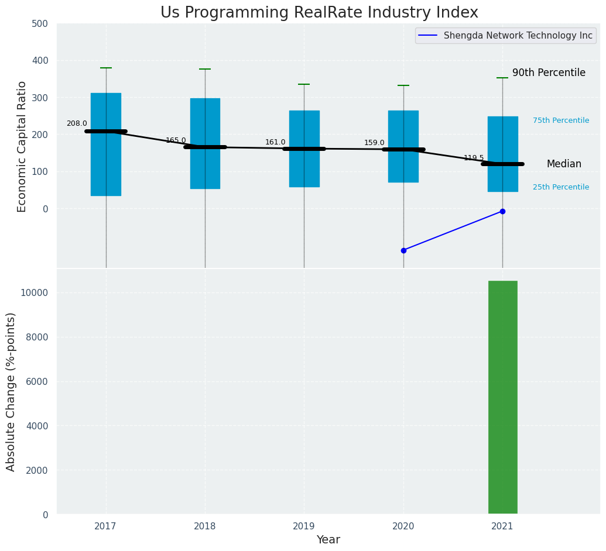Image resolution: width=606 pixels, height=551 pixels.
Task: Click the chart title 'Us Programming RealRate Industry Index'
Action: [319, 13]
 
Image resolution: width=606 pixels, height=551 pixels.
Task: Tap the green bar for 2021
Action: [502, 398]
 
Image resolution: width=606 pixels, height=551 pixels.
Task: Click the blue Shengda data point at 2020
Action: [403, 250]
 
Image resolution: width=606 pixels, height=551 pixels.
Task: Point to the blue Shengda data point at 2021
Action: [502, 211]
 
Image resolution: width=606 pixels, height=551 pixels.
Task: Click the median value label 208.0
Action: [77, 124]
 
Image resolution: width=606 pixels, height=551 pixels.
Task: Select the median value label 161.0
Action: [275, 142]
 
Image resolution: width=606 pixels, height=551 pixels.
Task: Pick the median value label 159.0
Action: [374, 143]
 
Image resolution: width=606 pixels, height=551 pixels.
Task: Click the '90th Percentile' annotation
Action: [549, 73]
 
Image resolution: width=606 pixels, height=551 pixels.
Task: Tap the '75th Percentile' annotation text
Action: [561, 120]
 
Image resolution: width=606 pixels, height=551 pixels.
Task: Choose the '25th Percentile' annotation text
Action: [561, 187]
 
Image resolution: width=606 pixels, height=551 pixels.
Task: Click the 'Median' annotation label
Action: [564, 164]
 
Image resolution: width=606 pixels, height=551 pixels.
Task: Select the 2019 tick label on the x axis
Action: [304, 526]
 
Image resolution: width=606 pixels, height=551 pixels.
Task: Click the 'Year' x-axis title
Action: [328, 540]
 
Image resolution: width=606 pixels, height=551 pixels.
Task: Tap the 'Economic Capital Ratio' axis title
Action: [22, 146]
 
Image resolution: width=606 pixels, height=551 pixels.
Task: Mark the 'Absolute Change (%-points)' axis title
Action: [11, 391]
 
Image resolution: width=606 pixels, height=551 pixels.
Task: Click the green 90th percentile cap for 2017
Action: [106, 68]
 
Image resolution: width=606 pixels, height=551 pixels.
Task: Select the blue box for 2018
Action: [205, 143]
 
